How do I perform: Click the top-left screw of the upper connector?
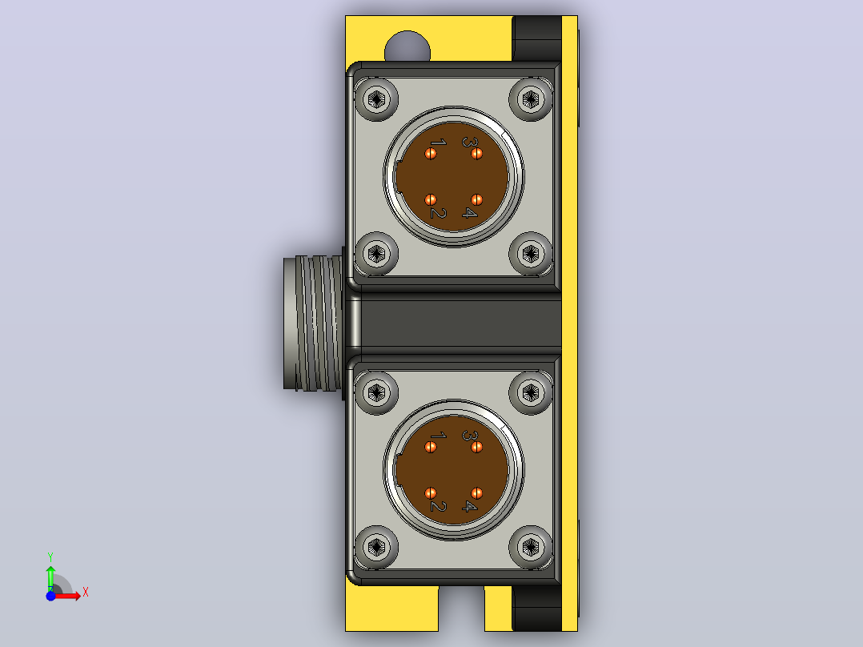click(376, 99)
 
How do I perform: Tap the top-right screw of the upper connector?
click(531, 99)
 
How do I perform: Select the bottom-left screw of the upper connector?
click(376, 254)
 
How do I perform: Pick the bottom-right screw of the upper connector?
click(531, 254)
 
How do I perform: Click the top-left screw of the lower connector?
click(376, 392)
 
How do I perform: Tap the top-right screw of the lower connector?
click(531, 392)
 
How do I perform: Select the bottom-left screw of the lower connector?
click(376, 547)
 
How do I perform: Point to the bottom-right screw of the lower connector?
click(531, 547)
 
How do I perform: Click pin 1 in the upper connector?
click(431, 154)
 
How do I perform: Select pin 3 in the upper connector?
click(476, 154)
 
